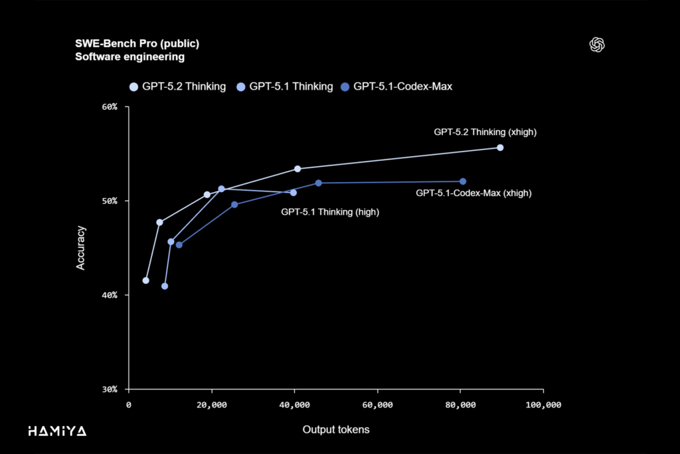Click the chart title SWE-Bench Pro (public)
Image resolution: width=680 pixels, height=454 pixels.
point(137,44)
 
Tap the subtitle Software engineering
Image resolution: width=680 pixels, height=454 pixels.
point(129,57)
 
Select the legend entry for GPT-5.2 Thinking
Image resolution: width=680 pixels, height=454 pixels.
point(178,86)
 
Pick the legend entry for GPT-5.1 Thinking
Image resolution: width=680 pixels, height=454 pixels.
point(285,86)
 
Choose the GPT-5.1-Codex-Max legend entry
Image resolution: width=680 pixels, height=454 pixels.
point(396,86)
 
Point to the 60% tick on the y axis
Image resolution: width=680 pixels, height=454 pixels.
point(109,107)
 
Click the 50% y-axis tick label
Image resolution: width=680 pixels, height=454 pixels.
point(109,201)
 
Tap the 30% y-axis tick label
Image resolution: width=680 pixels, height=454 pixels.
point(109,389)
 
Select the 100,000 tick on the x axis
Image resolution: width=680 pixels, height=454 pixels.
point(543,405)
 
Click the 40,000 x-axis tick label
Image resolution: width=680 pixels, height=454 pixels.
point(294,405)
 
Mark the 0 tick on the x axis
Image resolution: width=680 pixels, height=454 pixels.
point(129,405)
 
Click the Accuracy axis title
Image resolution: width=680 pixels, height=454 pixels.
point(81,248)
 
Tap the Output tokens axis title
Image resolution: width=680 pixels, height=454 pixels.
point(336,430)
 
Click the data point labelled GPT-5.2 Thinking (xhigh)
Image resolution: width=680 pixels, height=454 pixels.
point(500,148)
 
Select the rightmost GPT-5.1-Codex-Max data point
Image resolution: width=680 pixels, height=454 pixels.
point(463,181)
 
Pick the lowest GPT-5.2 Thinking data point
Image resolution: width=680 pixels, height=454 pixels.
point(146,281)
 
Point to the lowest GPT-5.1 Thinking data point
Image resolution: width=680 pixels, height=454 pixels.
point(165,286)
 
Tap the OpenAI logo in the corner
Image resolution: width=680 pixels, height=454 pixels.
point(597,45)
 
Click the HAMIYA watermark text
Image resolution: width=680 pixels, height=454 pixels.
point(57,431)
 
